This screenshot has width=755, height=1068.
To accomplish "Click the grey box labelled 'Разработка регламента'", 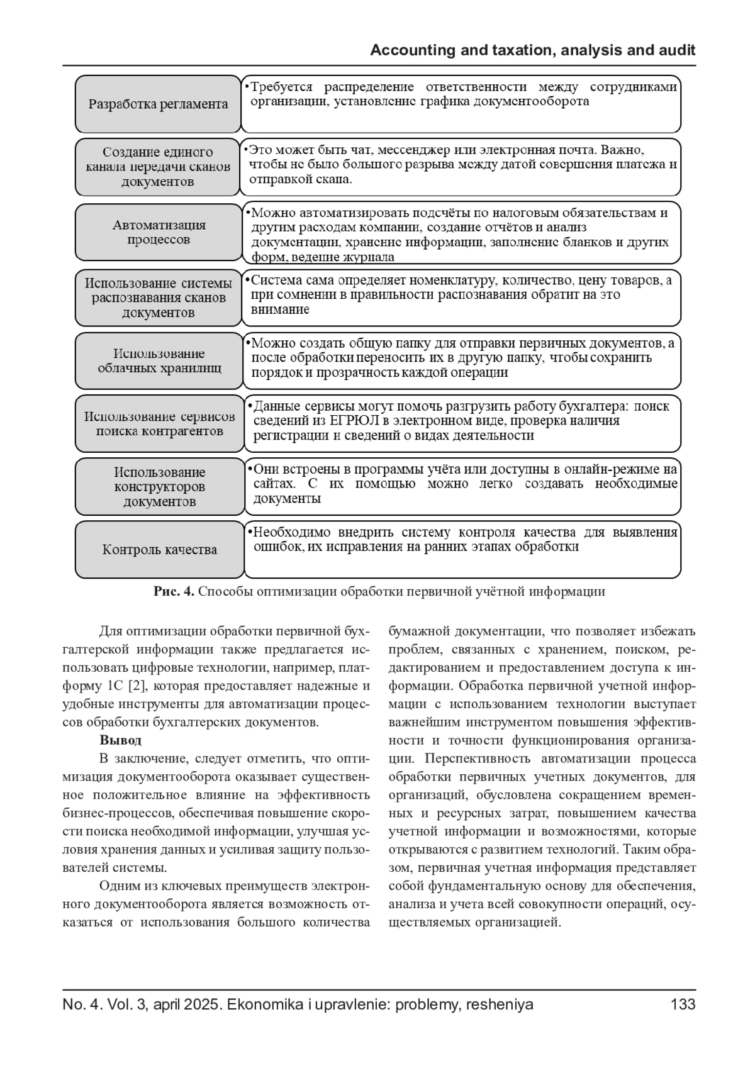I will [158, 104].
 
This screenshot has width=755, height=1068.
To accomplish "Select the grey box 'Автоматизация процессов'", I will [159, 232].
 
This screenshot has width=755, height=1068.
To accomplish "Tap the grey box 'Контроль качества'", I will [159, 550].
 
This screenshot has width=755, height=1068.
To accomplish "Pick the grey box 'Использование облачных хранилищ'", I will [159, 360].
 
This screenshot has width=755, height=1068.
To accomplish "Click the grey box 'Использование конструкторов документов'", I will [159, 487].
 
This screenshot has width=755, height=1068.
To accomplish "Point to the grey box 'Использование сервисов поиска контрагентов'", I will [159, 423].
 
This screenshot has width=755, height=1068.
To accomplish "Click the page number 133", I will [683, 1004].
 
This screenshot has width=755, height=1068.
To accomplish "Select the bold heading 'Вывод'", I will [120, 740].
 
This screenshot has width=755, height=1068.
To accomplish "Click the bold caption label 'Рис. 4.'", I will [174, 591].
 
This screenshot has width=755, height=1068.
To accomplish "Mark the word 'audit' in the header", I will [676, 50].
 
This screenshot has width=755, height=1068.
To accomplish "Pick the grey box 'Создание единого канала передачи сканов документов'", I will [158, 167].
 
